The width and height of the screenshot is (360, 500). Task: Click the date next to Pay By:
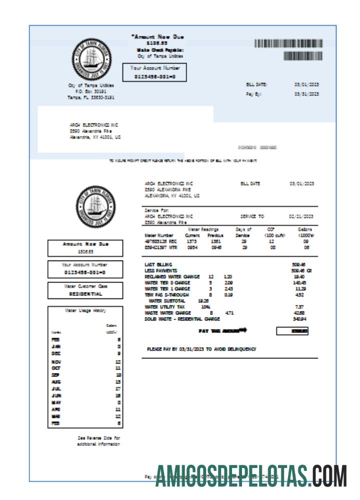306,94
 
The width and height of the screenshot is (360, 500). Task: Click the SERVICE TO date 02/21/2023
301,216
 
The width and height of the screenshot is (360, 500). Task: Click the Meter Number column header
158,234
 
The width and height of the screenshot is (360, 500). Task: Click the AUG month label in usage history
56,381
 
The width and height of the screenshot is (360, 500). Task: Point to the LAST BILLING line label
158,264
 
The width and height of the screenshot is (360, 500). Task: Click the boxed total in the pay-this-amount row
292,331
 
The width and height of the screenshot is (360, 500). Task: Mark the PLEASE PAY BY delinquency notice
201,349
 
